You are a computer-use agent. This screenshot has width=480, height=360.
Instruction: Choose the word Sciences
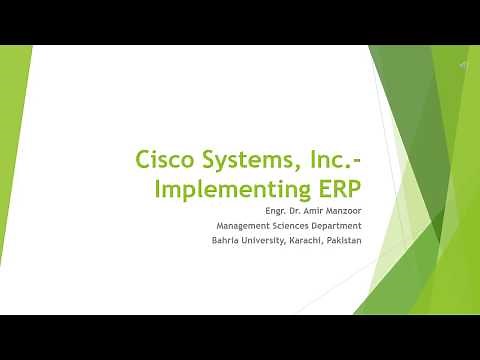(x=293, y=225)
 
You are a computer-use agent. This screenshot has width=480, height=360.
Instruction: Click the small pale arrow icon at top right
(x=464, y=63)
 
